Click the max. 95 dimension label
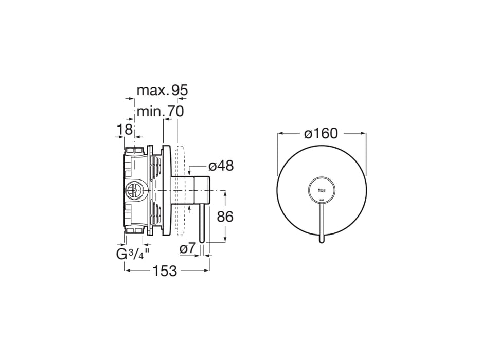(162, 91)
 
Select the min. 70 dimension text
(160, 111)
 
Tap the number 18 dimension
(125, 130)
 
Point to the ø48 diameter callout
(221, 166)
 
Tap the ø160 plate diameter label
(321, 134)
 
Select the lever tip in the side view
(202, 240)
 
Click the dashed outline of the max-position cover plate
(180, 190)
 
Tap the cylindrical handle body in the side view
(198, 190)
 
